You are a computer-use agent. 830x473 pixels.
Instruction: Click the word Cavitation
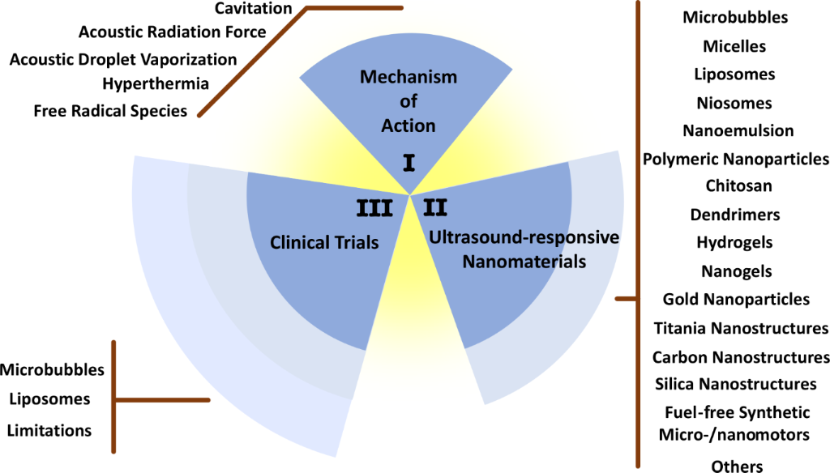pos(253,8)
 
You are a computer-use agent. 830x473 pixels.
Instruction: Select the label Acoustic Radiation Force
pos(172,32)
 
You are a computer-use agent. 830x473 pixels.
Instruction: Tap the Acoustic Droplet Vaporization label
pos(123,59)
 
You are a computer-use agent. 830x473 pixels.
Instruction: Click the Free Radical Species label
pos(111,110)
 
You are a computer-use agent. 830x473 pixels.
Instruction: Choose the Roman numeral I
pos(409,164)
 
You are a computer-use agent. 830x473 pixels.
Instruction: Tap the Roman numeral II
pos(435,208)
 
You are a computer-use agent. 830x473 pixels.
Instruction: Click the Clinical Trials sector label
pos(324,241)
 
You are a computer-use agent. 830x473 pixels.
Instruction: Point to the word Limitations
pos(49,430)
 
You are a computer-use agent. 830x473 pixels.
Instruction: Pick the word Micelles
pos(734,46)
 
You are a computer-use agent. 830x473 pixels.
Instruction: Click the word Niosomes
pos(734,103)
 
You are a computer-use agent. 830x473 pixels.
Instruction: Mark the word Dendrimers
pos(735,215)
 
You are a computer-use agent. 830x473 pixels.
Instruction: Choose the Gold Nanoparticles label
pos(736,299)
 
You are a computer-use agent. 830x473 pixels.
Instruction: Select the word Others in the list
pos(737,466)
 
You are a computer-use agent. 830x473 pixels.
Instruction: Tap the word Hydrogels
pos(734,242)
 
